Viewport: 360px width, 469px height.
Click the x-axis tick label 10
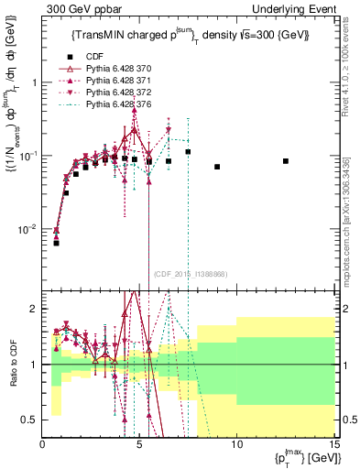click(x=236, y=445)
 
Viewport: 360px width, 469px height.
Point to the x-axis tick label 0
click(x=43, y=445)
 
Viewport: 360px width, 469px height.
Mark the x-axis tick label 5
click(x=139, y=445)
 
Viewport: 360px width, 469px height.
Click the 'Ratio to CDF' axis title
click(x=13, y=365)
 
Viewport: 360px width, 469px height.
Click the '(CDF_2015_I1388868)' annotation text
click(x=191, y=273)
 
